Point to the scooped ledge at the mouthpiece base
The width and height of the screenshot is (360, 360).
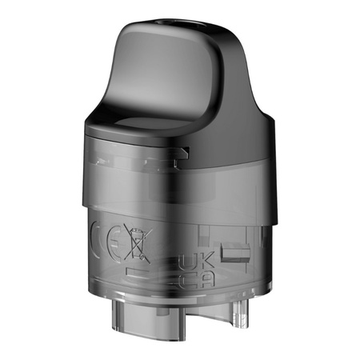[x=148, y=126]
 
